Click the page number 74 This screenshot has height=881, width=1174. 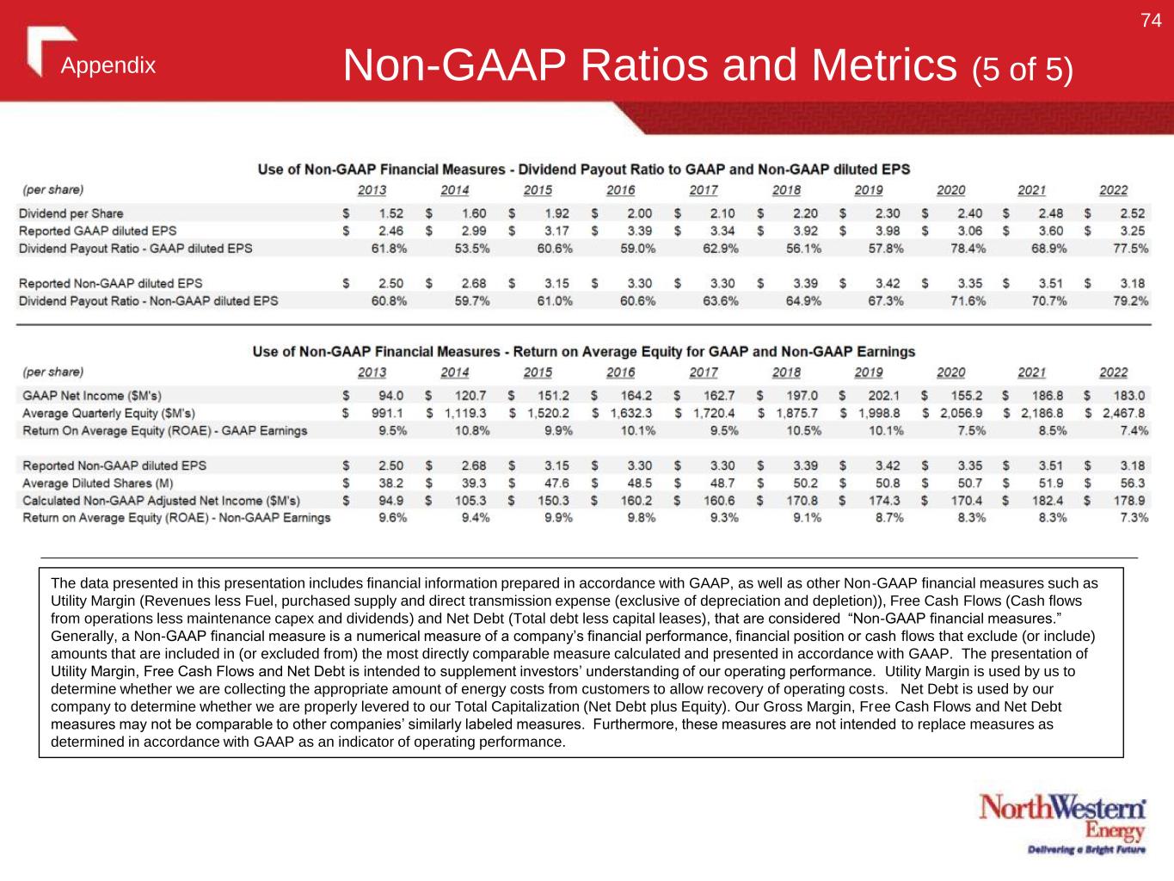tap(1151, 21)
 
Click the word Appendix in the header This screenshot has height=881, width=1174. tap(108, 65)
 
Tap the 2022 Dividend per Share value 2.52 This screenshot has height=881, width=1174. tap(1132, 213)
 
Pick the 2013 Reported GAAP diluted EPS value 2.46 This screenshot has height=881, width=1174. tap(390, 231)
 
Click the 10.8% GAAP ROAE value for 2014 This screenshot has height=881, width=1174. tap(472, 431)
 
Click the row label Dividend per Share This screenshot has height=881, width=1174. tap(71, 213)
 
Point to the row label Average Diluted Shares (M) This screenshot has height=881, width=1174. tap(98, 484)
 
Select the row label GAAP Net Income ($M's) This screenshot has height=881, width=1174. tap(92, 396)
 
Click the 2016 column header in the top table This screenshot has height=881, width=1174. tap(620, 190)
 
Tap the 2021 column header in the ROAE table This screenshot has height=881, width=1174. tap(1031, 373)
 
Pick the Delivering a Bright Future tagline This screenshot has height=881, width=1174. tap(1087, 851)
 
